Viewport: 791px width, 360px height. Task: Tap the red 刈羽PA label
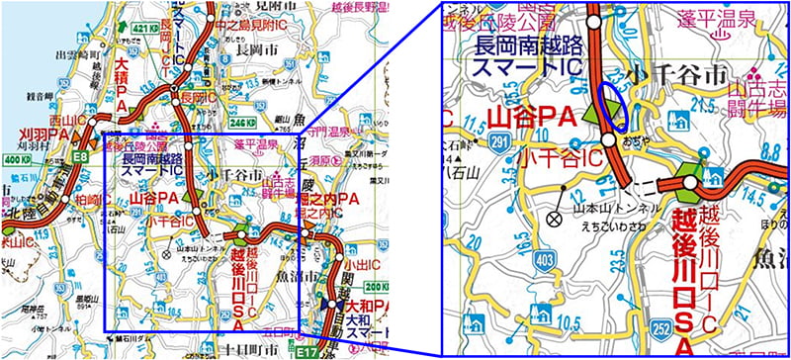click(x=39, y=136)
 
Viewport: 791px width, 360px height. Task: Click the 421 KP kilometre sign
click(x=144, y=28)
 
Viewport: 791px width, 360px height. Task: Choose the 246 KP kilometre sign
click(x=267, y=126)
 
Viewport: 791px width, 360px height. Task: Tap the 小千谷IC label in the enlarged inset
click(x=561, y=155)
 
